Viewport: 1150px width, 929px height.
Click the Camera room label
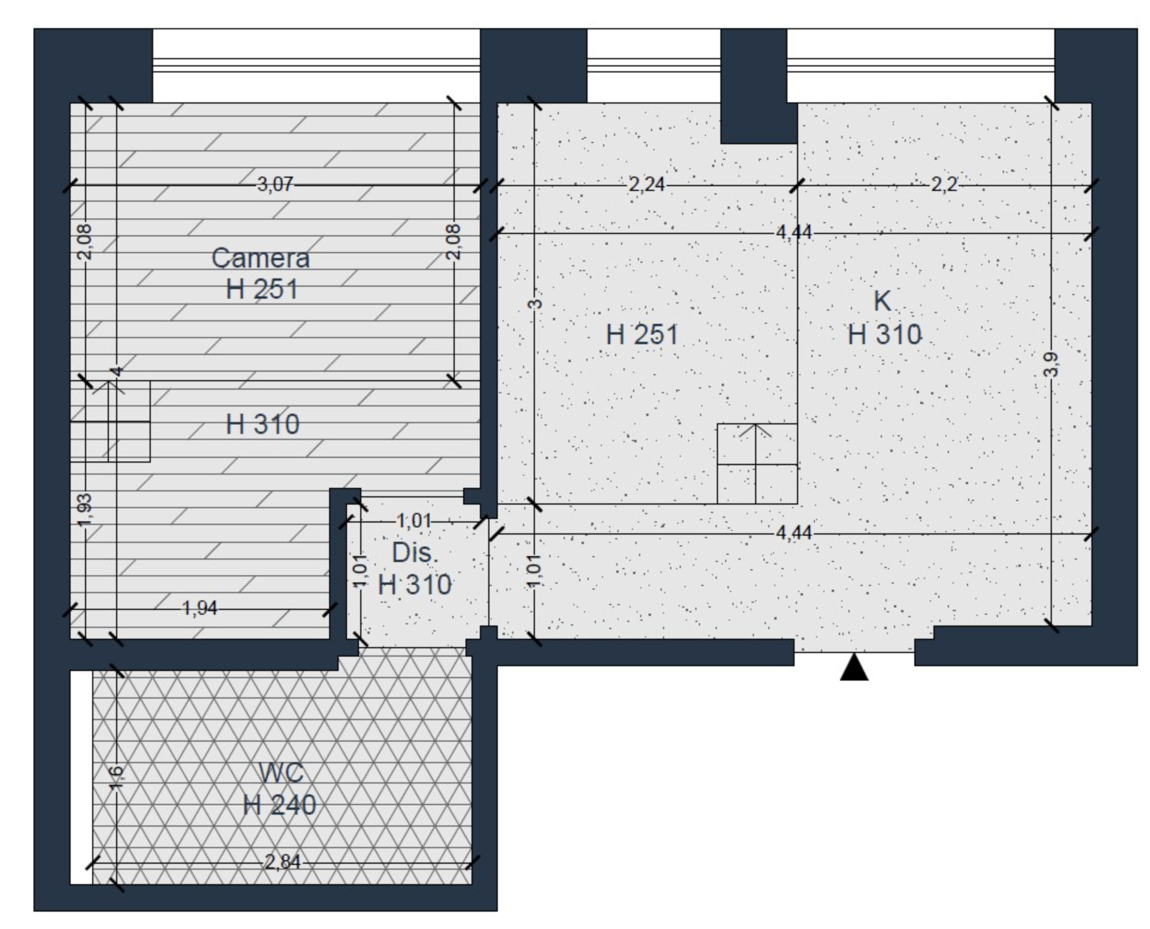pos(260,259)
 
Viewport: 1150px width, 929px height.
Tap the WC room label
pos(281,773)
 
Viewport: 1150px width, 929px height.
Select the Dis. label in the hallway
pos(415,552)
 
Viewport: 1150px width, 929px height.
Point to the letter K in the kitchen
pos(883,301)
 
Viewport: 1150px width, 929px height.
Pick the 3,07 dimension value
pos(275,184)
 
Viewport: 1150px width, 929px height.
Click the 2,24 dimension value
pos(646,184)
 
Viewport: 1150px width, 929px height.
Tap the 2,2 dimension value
pos(944,184)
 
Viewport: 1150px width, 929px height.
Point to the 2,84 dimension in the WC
pos(282,862)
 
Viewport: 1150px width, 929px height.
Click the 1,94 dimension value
pos(200,608)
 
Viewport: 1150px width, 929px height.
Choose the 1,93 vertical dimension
pos(84,510)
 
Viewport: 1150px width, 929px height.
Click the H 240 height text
pos(279,805)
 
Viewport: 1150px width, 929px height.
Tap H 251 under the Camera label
pos(261,290)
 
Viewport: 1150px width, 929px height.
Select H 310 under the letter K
pos(884,335)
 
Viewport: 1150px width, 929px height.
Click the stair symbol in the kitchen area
pos(757,463)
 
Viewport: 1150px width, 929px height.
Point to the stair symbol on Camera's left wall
pos(110,421)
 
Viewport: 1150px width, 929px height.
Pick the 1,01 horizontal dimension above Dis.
pos(414,521)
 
